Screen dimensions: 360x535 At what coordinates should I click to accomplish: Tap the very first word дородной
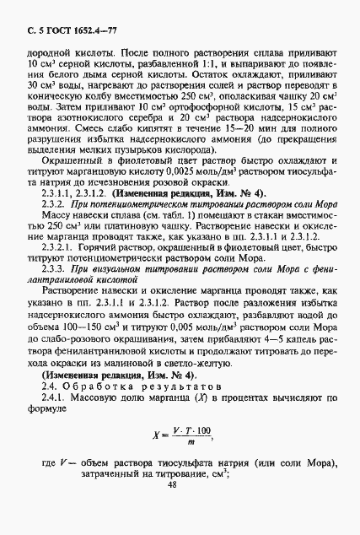(x=40, y=51)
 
